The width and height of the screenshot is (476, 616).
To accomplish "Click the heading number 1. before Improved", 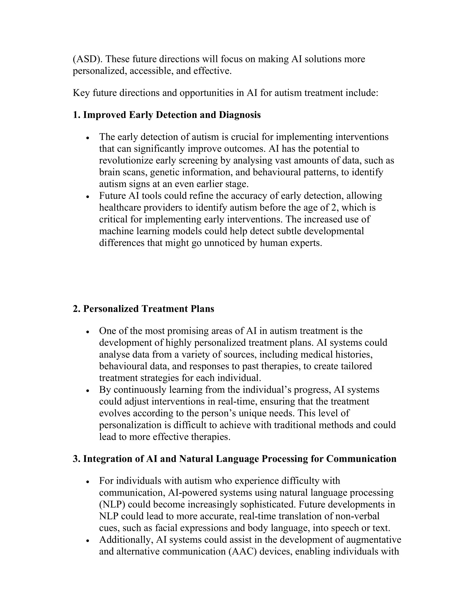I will pos(76,115).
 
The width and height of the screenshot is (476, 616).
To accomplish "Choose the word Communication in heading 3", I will pos(361,459).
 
